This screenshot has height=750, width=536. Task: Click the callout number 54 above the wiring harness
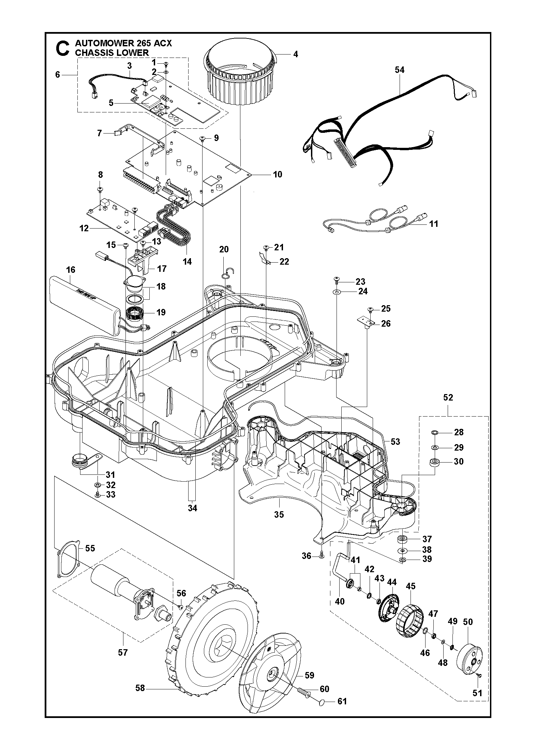coord(399,70)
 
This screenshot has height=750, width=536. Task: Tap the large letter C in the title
coord(62,49)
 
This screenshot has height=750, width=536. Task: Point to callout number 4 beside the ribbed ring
coord(295,54)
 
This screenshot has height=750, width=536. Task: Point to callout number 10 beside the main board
coord(278,174)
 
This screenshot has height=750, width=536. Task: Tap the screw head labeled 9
coord(202,138)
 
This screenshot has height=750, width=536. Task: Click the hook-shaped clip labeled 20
coord(229,272)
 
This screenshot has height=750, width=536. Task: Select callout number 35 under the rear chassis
coord(279,514)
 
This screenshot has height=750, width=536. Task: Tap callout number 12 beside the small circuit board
coord(84,228)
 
